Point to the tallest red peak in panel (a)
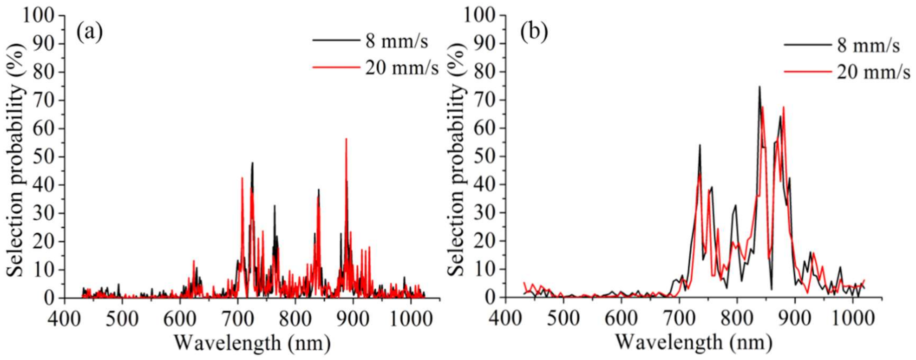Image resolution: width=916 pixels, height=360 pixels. coord(346,139)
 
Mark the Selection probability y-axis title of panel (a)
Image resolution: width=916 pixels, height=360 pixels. coord(15,157)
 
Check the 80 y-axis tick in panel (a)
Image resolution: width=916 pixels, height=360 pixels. coord(43,72)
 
